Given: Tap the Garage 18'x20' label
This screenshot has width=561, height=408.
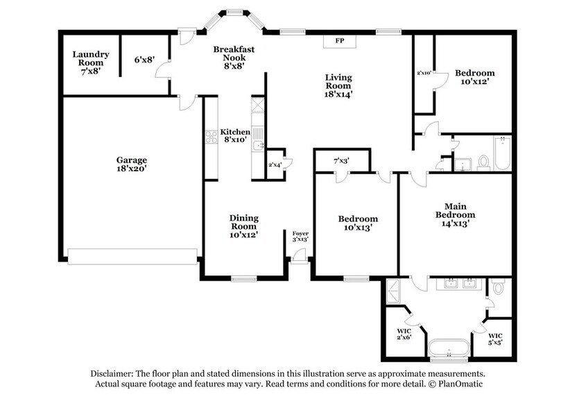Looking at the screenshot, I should tap(131, 164).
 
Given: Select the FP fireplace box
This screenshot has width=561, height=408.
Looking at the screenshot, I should tap(340, 42).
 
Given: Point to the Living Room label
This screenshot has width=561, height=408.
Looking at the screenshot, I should tap(338, 86).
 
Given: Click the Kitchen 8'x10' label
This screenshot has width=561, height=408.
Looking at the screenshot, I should tap(235, 137).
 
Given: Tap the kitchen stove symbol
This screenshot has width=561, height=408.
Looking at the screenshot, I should tap(212, 137).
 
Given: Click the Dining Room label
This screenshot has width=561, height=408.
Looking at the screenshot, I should tap(243, 227).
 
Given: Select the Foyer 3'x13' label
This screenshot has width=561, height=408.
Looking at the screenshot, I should tap(300, 236).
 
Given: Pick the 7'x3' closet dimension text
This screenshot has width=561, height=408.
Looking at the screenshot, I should tap(341, 161).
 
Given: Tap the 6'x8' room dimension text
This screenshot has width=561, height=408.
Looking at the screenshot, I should tap(144, 60).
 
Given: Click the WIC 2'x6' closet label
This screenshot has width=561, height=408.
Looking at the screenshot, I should tap(404, 334).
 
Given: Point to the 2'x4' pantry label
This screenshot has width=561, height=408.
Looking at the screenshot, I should tap(275, 165).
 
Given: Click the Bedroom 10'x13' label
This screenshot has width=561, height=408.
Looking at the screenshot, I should tap(358, 223).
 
